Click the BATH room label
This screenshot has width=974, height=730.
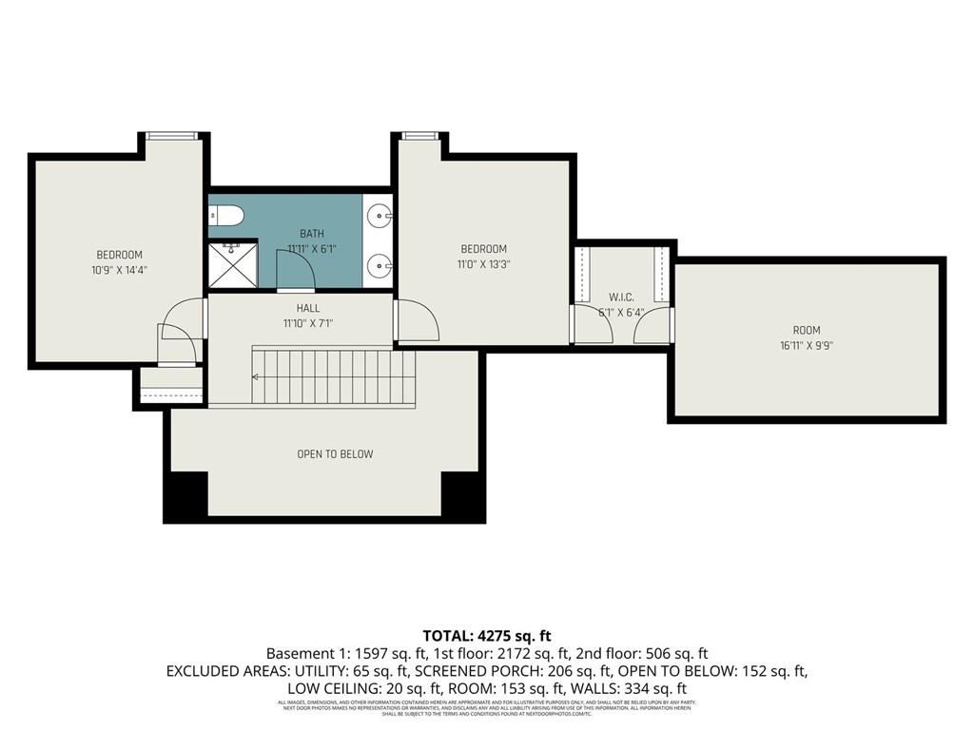click(x=311, y=234)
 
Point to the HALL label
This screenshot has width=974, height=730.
click(x=308, y=309)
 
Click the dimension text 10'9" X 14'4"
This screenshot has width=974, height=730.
click(x=119, y=270)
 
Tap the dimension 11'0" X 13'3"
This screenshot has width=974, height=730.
click(x=484, y=265)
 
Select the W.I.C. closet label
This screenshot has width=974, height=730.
click(x=621, y=298)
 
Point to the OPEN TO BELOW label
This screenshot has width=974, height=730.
click(x=335, y=454)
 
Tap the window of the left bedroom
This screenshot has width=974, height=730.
click(x=173, y=136)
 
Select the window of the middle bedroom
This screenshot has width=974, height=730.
click(x=416, y=136)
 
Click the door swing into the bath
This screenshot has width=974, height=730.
click(x=295, y=278)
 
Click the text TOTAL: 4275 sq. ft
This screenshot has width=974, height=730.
click(x=487, y=636)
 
